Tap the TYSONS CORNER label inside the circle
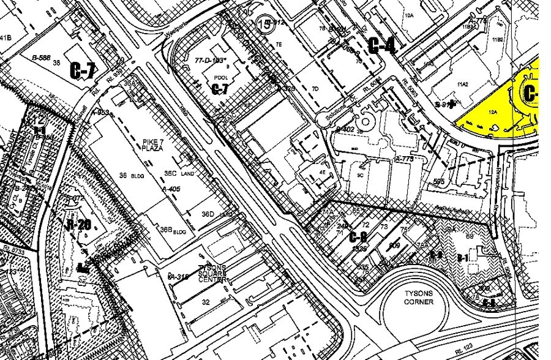[x=419, y=298]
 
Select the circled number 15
[x=264, y=24]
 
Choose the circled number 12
[x=38, y=119]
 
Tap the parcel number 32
[x=206, y=302]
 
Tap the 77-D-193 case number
[x=208, y=61]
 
